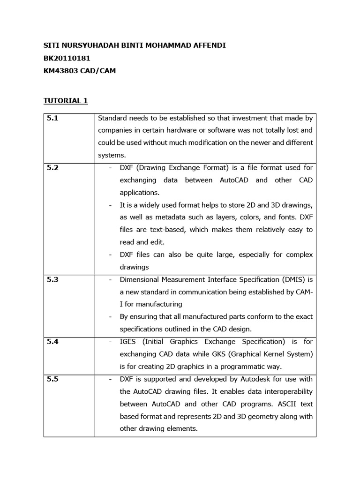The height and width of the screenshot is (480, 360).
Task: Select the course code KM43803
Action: pyautogui.click(x=62, y=71)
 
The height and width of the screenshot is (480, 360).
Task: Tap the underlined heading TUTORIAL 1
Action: pyautogui.click(x=66, y=101)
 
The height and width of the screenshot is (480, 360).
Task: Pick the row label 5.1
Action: pyautogui.click(x=52, y=119)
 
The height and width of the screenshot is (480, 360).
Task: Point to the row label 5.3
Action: pyautogui.click(x=52, y=280)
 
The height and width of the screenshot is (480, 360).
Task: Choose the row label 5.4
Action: pyautogui.click(x=52, y=342)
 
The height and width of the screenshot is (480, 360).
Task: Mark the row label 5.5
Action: pyautogui.click(x=52, y=379)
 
